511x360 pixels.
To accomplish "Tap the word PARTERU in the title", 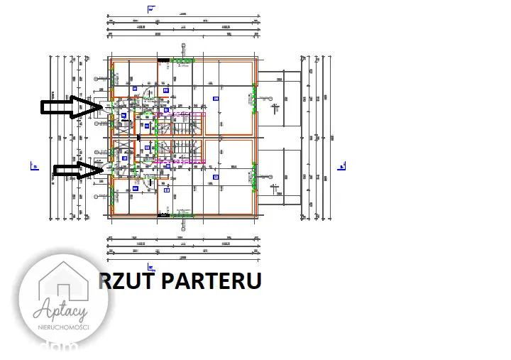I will coord(212,281).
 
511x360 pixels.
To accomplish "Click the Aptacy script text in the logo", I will coord(63,310).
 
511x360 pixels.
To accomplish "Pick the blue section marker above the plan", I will coord(150,9).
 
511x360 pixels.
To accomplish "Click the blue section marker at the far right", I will coord(342,166).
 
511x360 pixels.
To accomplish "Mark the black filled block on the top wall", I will coord(163,60).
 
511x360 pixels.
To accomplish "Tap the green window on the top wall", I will coord(182,60).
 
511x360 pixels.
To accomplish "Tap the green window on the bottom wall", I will coord(182,214).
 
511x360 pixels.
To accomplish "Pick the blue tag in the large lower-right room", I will coord(215,175).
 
